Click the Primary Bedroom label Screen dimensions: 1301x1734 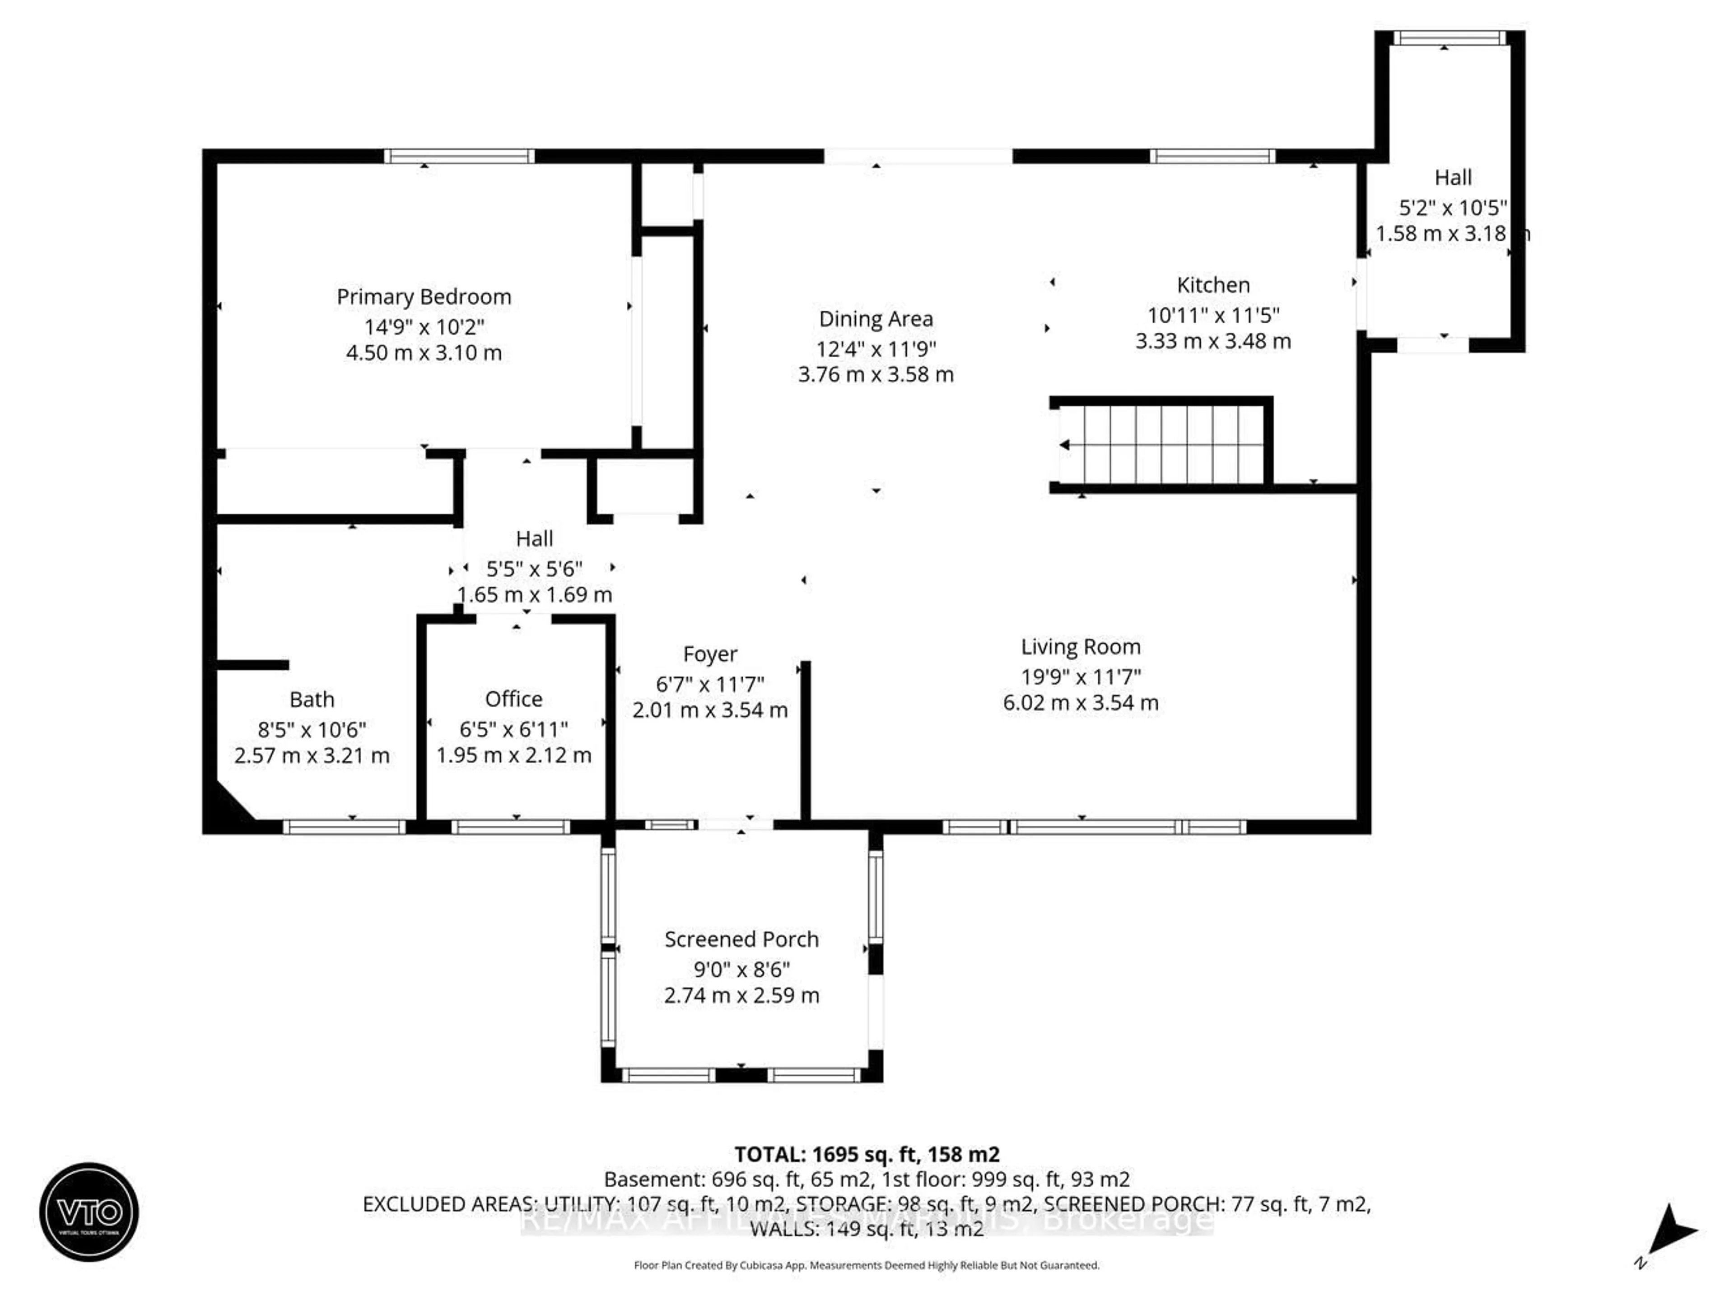pos(423,297)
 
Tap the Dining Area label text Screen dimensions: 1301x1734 pos(876,319)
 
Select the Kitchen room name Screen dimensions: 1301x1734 pos(1213,285)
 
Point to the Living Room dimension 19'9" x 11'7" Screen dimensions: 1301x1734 pos(1080,676)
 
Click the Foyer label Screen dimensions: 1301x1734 pos(709,653)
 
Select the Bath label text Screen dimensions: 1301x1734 pos(312,699)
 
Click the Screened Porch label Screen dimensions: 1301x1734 pos(741,939)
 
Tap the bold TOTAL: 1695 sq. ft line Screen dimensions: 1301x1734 pos(866,1154)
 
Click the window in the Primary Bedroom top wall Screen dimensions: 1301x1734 pos(459,156)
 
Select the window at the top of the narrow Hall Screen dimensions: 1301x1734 pos(1449,37)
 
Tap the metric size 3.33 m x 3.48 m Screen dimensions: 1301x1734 pos(1213,341)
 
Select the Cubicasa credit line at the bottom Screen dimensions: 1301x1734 pos(866,1265)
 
